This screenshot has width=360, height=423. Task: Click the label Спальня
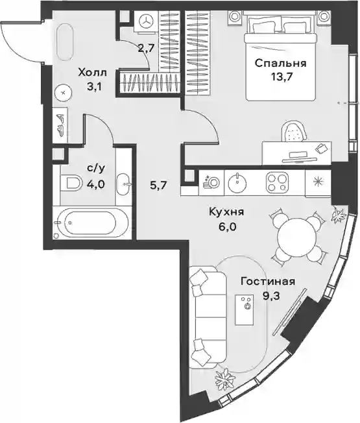pyautogui.click(x=280, y=64)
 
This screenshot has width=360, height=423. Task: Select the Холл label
pyautogui.click(x=92, y=73)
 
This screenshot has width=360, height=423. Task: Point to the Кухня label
pyautogui.click(x=226, y=212)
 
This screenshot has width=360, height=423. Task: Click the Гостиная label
pyautogui.click(x=268, y=282)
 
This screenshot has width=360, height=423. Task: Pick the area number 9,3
pyautogui.click(x=271, y=296)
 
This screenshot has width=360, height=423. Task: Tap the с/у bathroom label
pyautogui.click(x=96, y=169)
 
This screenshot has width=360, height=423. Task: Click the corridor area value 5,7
pyautogui.click(x=159, y=186)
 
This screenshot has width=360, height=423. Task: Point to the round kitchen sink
pyautogui.click(x=237, y=183)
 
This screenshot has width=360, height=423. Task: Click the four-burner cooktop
pyautogui.click(x=277, y=183)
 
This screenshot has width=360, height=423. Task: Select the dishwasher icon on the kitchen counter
pyautogui.click(x=211, y=182)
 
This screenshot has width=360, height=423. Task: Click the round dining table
pyautogui.click(x=296, y=235)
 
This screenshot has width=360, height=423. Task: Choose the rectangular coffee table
pyautogui.click(x=245, y=309)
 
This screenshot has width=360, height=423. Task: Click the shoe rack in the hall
pyautogui.click(x=60, y=125)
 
